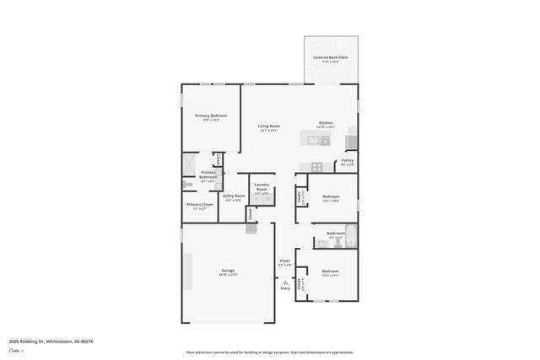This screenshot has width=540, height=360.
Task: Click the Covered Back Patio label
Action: pos(331,58)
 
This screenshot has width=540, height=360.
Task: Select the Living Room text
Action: pos(268,127)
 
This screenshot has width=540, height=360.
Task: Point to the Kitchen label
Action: pos(326,124)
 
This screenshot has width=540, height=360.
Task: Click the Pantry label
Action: pos(348,161)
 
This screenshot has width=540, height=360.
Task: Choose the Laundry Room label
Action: pos(262,187)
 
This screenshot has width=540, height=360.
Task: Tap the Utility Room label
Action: pos(234,197)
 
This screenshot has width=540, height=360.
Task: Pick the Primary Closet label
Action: pos(200,206)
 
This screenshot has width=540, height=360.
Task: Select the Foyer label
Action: pos(284,262)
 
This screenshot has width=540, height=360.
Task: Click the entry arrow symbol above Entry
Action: pos(285,281)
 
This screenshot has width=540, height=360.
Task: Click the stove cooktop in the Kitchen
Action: pos(316,165)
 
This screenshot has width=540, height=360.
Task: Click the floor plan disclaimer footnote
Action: pos(269,352)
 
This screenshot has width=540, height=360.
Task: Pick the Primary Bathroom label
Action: pos(208,175)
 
